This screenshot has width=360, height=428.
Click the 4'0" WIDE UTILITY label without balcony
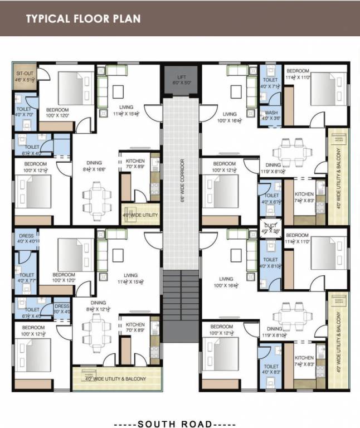[140, 215]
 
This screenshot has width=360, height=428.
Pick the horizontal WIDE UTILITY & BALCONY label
[115, 379]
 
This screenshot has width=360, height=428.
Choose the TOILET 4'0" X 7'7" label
[26, 277]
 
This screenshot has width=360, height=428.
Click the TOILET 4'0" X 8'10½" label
[270, 262]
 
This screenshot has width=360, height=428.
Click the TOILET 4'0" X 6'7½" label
[271, 199]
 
